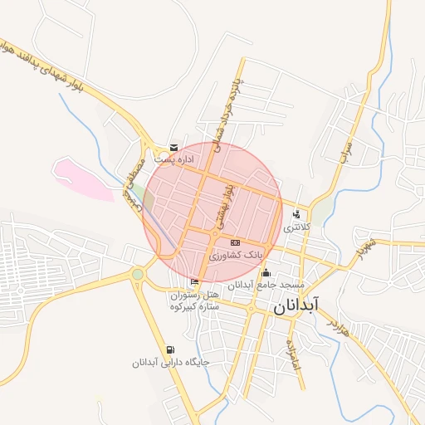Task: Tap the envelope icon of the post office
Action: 173,147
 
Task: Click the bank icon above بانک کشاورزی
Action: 235,242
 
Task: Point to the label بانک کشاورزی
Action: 235,255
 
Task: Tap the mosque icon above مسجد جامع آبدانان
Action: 266,273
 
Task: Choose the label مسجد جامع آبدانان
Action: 265,285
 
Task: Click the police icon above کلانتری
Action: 296,215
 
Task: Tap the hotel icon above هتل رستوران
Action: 194,283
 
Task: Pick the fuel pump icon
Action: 170,350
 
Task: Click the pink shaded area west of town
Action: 83,179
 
